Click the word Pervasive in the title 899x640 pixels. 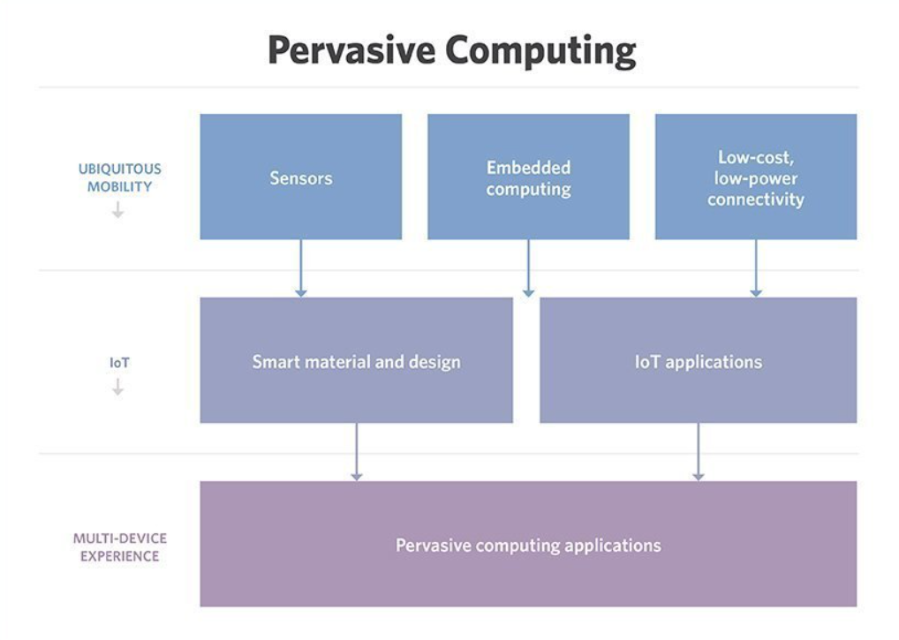tap(351, 49)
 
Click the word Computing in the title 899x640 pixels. tap(540, 51)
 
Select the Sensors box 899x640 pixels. tap(300, 177)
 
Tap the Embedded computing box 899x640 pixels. tap(528, 177)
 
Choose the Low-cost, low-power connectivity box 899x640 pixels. tap(756, 177)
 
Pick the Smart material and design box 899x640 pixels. tap(356, 360)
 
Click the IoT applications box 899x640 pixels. tap(699, 360)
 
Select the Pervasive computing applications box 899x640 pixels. tap(528, 544)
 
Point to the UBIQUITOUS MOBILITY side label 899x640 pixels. tap(119, 177)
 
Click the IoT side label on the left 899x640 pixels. tap(119, 363)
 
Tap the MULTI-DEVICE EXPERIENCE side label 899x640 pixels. tap(119, 547)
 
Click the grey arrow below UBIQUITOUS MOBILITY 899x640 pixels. tap(118, 210)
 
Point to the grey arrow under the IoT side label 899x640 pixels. tap(118, 388)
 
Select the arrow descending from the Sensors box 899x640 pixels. tap(300, 268)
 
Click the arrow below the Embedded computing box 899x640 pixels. tap(528, 268)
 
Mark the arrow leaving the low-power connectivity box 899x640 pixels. tap(756, 268)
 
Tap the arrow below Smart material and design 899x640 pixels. tap(356, 452)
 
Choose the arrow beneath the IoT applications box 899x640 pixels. tap(699, 452)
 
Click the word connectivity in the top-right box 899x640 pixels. tap(756, 200)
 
